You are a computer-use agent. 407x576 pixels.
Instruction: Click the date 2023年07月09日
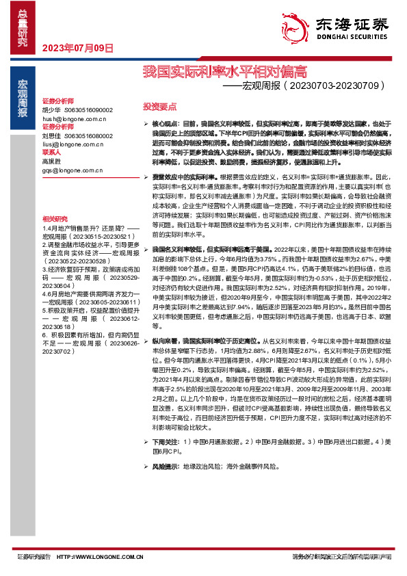click(77, 48)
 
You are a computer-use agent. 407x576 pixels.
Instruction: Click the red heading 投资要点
click(159, 107)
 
